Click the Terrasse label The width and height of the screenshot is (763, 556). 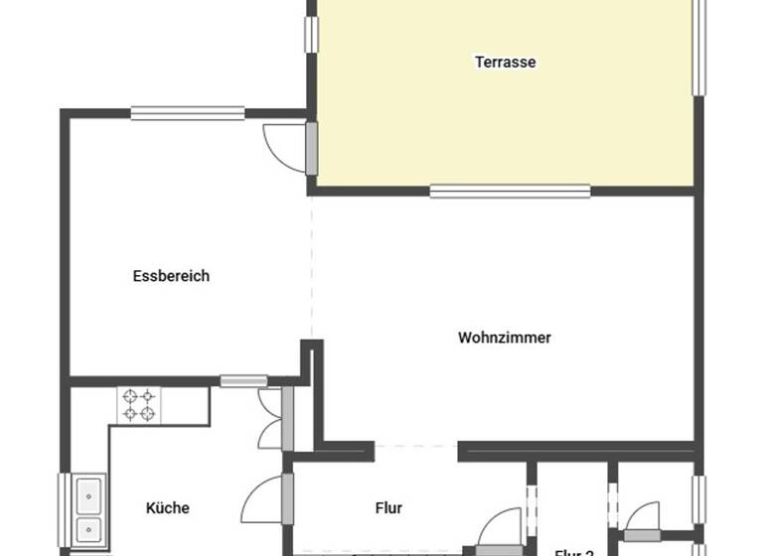pyautogui.click(x=505, y=62)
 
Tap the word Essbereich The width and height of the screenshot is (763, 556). pyautogui.click(x=171, y=276)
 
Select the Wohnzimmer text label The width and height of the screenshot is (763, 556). pyautogui.click(x=504, y=338)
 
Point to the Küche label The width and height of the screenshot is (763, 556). pyautogui.click(x=167, y=507)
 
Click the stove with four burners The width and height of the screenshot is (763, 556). pyautogui.click(x=138, y=404)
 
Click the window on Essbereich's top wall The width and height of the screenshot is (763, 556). pyautogui.click(x=188, y=113)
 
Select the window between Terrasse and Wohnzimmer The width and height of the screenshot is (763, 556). pyautogui.click(x=510, y=191)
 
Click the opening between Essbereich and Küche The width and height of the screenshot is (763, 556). pyautogui.click(x=243, y=379)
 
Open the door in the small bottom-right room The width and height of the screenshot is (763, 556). pyautogui.click(x=642, y=520)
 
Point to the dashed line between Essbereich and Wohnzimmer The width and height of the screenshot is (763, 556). pyautogui.click(x=311, y=268)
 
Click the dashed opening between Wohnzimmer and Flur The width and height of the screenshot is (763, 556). pyautogui.click(x=416, y=446)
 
